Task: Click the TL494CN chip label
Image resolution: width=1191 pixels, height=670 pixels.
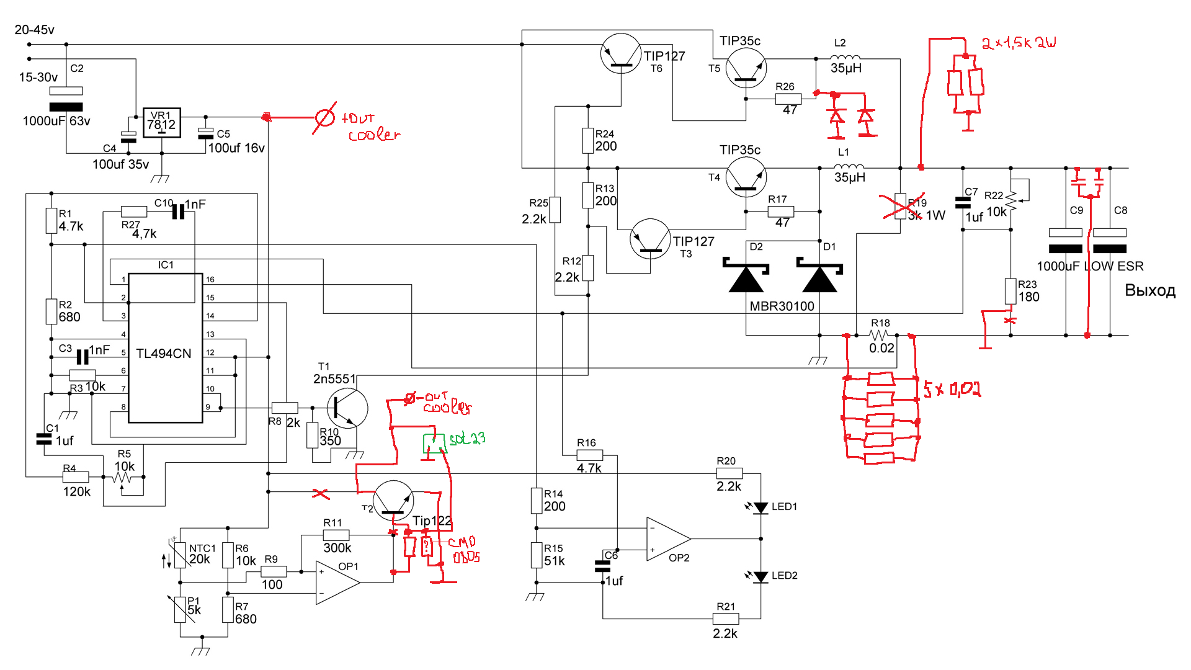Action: click(163, 354)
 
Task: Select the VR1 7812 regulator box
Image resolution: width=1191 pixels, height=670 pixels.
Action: click(161, 122)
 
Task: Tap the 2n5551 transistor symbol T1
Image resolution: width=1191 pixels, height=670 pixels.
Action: click(347, 408)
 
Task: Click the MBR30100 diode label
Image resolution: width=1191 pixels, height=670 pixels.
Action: click(782, 306)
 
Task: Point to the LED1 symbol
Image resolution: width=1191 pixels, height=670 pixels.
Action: click(761, 507)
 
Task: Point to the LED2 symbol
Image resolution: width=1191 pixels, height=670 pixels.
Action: click(761, 576)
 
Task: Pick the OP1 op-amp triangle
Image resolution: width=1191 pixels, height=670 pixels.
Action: click(337, 582)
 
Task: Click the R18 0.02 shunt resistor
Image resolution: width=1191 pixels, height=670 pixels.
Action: click(880, 336)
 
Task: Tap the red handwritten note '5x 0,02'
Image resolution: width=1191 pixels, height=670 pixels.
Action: click(952, 389)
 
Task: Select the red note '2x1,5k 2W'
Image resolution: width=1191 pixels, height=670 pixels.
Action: click(1018, 43)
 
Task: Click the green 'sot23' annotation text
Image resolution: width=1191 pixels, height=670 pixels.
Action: click(467, 439)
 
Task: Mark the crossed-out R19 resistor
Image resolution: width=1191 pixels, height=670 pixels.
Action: click(901, 205)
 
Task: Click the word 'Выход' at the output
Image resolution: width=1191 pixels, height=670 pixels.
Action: click(1150, 290)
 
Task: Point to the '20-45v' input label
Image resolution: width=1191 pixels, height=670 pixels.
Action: click(34, 30)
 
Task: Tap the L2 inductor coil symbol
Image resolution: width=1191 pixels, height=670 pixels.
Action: click(845, 58)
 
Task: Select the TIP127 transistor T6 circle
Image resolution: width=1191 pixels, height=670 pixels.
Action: click(620, 54)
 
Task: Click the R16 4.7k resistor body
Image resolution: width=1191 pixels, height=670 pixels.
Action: click(589, 455)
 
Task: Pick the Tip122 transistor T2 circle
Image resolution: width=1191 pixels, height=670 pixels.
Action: click(393, 501)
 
